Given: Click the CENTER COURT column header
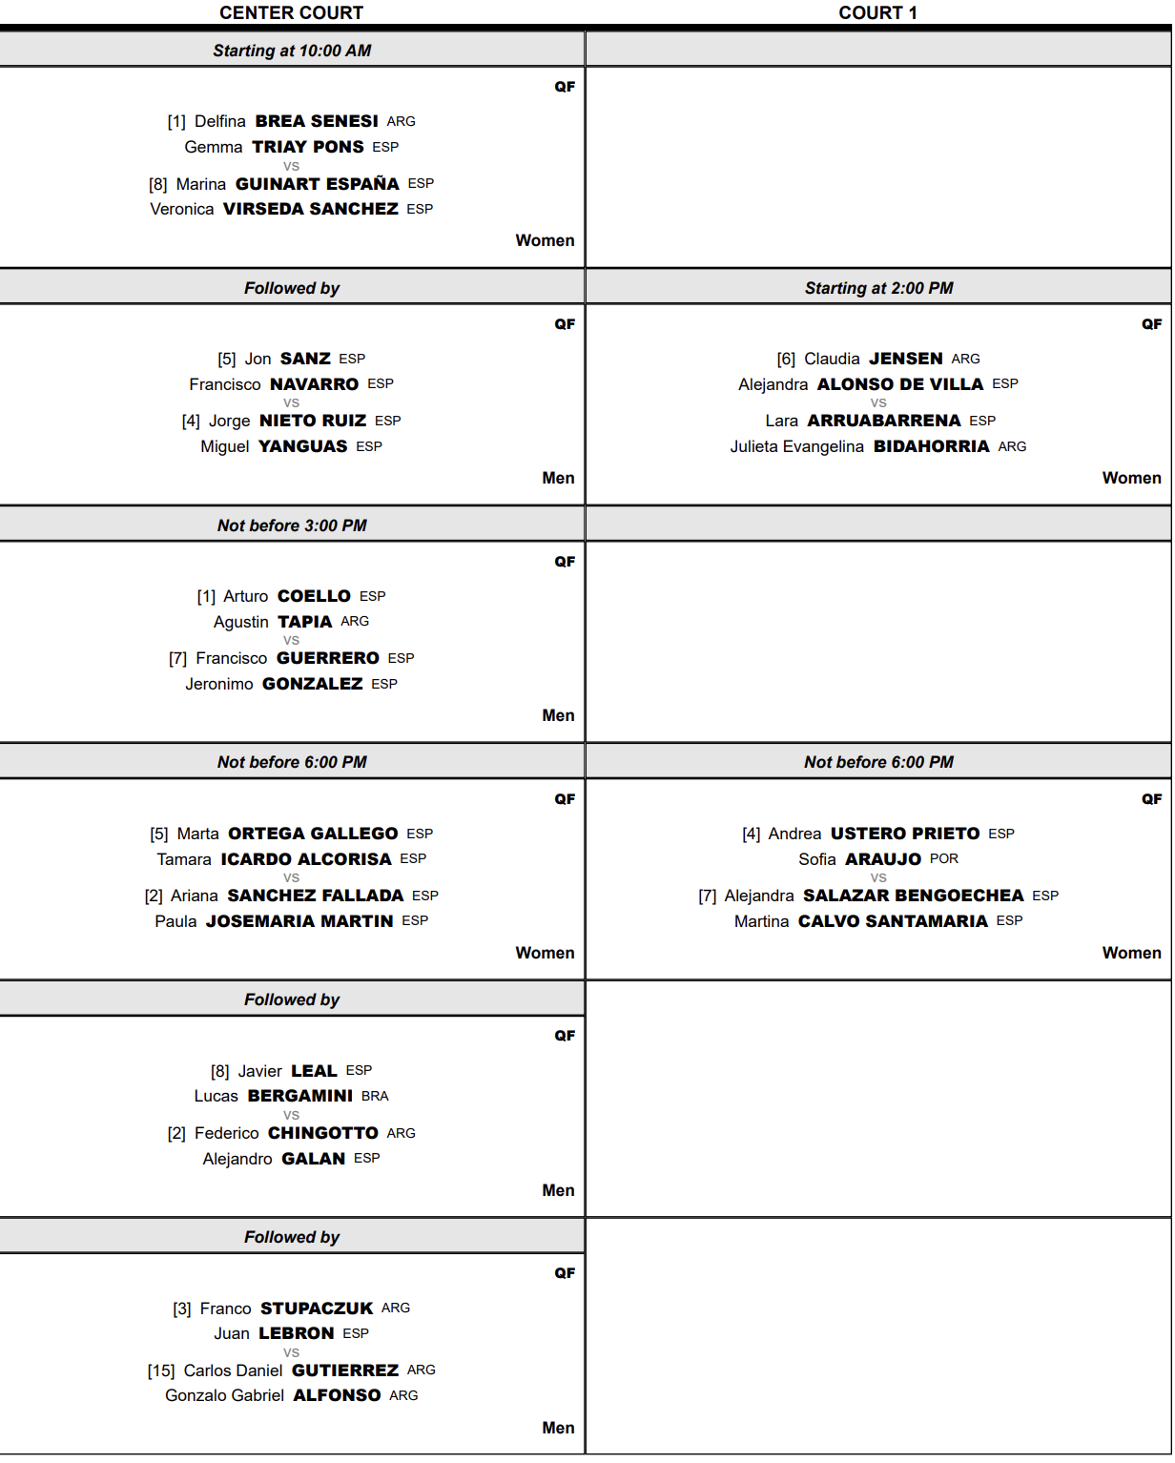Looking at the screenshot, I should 291,12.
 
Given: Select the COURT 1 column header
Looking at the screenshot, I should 877,12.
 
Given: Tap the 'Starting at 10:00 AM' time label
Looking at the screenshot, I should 292,51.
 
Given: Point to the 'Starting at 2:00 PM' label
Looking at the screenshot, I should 878,288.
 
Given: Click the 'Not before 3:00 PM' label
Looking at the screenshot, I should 292,525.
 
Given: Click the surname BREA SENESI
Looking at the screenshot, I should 317,121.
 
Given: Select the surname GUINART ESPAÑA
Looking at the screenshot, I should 318,184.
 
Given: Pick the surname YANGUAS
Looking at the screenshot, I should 303,446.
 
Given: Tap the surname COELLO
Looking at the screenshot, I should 315,596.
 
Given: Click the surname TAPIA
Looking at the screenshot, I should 305,622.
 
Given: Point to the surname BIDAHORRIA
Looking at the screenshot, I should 931,446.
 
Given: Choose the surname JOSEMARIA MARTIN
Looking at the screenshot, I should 299,921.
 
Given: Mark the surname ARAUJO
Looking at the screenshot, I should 883,859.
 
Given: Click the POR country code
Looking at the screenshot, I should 944,859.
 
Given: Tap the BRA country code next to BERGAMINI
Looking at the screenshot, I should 375,1097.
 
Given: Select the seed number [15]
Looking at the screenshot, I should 161,1371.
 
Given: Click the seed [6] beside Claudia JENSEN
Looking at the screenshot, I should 786,360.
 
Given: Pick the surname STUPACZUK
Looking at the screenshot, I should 317,1308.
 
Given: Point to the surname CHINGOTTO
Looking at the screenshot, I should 323,1133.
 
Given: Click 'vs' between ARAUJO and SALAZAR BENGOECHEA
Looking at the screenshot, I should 878,877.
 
